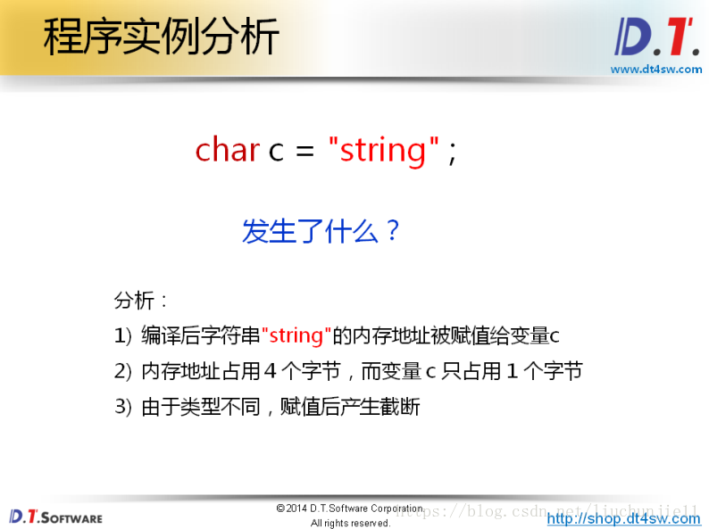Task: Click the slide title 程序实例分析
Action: tap(161, 37)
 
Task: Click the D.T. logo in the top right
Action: tap(656, 37)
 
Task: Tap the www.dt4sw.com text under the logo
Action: tap(656, 69)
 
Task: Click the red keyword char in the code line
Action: tap(228, 150)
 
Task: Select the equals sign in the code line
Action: tap(304, 152)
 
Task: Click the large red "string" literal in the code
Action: tap(383, 150)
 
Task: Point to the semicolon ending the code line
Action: tap(452, 153)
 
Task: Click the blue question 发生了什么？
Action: tap(321, 231)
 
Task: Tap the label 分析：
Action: tap(140, 301)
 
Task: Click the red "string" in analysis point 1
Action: tap(296, 335)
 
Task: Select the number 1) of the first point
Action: tap(123, 336)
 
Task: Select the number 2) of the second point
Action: tap(123, 371)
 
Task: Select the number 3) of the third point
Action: tap(123, 407)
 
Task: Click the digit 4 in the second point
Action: tap(270, 371)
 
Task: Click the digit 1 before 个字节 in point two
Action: tap(513, 371)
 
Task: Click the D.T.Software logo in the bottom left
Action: tap(56, 517)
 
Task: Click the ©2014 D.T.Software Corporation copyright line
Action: tap(350, 508)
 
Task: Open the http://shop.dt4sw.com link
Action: tap(623, 518)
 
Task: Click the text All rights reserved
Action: tap(350, 523)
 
